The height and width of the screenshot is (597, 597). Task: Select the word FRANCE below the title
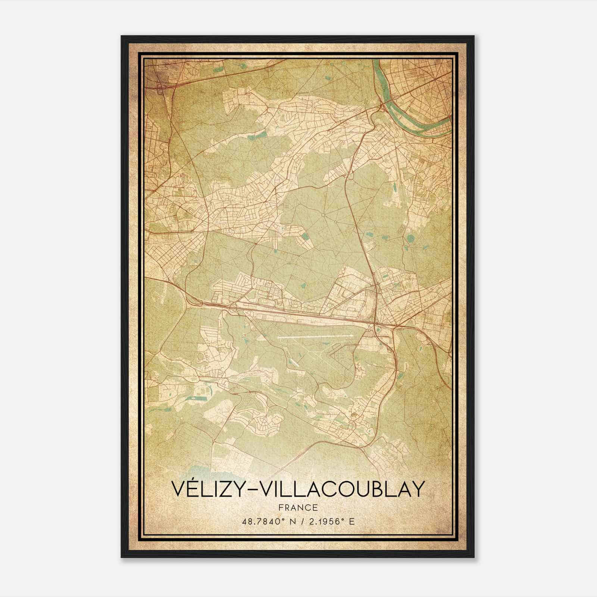298,507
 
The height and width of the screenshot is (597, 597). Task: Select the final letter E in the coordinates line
351,522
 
